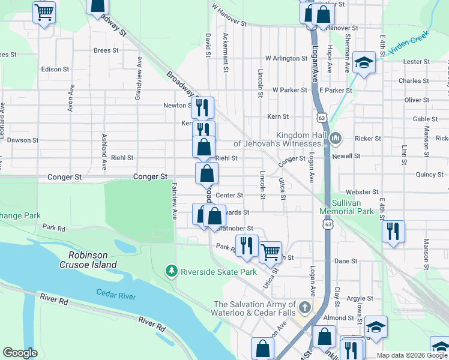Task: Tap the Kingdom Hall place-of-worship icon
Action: pos(336,139)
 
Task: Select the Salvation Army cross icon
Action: pos(305,308)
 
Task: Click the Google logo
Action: pos(20,353)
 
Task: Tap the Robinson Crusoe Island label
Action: pos(92,259)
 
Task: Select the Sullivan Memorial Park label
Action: pos(347,207)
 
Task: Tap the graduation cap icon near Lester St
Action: pos(364,62)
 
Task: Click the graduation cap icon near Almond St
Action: pos(376,327)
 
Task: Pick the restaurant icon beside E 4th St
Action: pos(393,231)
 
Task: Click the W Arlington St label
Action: pos(286,58)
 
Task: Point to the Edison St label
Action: pos(55,70)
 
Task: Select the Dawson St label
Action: pos(23,140)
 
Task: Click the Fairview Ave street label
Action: pos(175,200)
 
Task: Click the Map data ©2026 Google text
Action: pos(411,355)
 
